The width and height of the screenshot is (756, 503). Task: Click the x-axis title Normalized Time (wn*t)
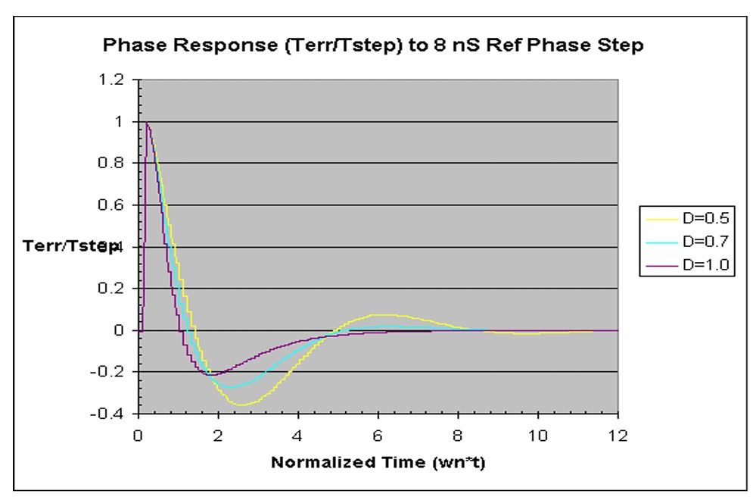378,463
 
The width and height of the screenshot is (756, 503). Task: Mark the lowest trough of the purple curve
212,374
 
